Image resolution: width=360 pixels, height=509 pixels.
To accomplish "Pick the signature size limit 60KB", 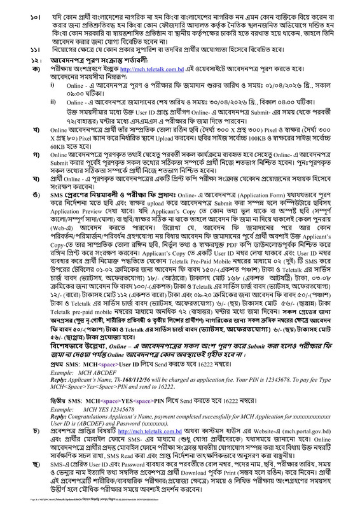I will pyautogui.click(x=50, y=162).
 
